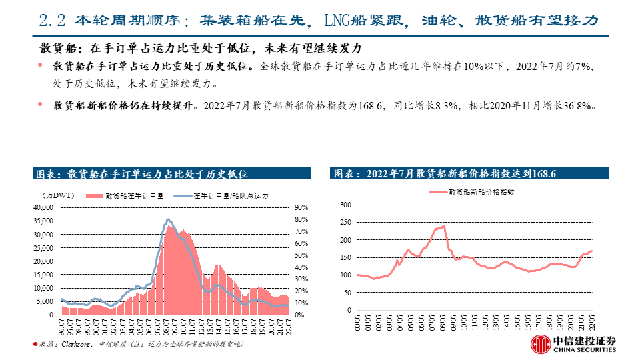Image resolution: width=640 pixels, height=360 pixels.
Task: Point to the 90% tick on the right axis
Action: click(x=300, y=207)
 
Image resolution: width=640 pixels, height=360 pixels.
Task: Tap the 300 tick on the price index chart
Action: click(x=345, y=205)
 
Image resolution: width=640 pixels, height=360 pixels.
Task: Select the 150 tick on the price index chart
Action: click(x=345, y=257)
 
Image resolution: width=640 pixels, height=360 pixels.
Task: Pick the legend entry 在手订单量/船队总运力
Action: click(x=230, y=196)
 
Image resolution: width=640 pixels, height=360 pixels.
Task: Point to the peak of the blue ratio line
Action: click(x=169, y=219)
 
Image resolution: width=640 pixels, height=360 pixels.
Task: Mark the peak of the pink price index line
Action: click(x=444, y=226)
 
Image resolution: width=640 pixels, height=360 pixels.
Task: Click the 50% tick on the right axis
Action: click(x=300, y=255)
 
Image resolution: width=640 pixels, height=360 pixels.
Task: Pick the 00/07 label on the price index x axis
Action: click(x=359, y=324)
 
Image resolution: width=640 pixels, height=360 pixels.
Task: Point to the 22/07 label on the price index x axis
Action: click(x=590, y=324)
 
